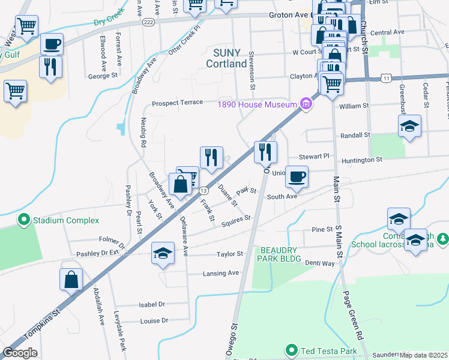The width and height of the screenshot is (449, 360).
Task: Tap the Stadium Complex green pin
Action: point(24,220)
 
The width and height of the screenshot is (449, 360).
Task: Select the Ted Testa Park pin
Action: point(292,349)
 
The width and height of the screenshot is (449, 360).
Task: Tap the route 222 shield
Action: point(148,22)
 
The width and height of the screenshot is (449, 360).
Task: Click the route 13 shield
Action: point(203,190)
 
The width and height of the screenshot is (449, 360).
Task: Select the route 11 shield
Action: point(387,78)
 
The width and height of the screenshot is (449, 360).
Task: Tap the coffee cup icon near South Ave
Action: point(297,176)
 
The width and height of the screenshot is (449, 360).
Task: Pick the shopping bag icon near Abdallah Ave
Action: point(71,279)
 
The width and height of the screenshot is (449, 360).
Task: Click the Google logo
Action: point(20,353)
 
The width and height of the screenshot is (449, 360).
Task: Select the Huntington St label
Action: point(362,160)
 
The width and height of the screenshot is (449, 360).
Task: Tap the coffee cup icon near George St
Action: point(51,44)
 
